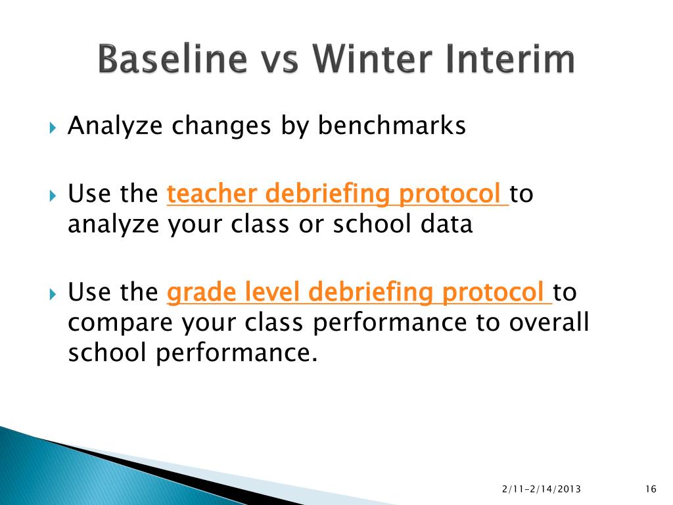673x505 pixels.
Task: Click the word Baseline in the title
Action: pyautogui.click(x=173, y=59)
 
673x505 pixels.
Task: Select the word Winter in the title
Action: pyautogui.click(x=372, y=59)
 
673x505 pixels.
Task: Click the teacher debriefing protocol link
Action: pyautogui.click(x=338, y=194)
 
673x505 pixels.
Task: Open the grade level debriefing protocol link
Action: pyautogui.click(x=360, y=293)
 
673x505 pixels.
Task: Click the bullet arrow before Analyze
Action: pyautogui.click(x=53, y=128)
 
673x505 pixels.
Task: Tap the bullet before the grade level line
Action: pyautogui.click(x=53, y=294)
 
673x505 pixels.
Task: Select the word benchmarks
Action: pyautogui.click(x=392, y=126)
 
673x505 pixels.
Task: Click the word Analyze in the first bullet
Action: pyautogui.click(x=115, y=126)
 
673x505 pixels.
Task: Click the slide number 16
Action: pyautogui.click(x=651, y=489)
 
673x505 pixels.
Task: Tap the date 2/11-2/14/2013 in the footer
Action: pyautogui.click(x=542, y=489)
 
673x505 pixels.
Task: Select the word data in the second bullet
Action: pyautogui.click(x=446, y=224)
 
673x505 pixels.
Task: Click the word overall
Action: pyautogui.click(x=549, y=322)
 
